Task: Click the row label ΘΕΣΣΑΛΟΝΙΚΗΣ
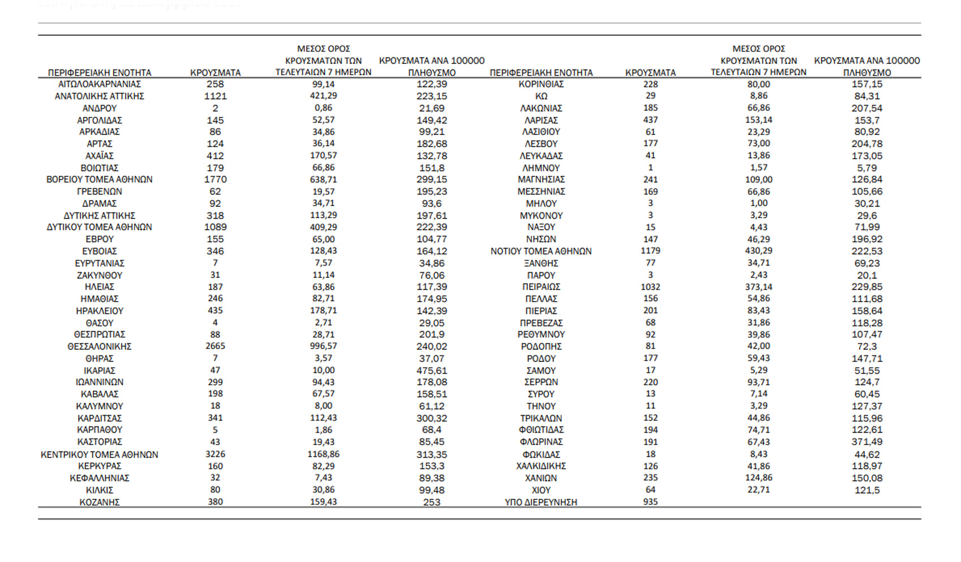coord(99,347)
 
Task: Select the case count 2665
coord(215,346)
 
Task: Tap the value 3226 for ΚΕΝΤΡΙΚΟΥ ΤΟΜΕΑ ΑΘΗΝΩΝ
coord(215,454)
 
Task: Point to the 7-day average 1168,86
coord(323,454)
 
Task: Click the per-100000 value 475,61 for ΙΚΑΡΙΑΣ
coord(432,371)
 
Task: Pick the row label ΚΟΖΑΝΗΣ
coord(99,502)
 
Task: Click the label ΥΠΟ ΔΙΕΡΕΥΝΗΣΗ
coord(541,502)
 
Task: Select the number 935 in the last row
coord(651,502)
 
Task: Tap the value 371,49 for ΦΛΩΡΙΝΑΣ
coord(867,442)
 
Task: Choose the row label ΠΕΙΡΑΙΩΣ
coord(541,287)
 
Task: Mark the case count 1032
coord(651,287)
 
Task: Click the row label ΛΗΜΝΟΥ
coord(541,168)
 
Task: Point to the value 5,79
coord(867,168)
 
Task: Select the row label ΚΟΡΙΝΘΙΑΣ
coord(541,84)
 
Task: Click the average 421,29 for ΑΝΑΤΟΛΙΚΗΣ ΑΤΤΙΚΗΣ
coord(323,96)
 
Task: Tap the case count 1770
coord(215,180)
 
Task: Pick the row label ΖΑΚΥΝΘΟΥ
coord(99,275)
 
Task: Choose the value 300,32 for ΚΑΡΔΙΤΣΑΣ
coord(432,418)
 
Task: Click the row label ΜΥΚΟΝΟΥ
coord(541,215)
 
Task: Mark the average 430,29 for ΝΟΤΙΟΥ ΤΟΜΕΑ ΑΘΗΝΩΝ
coord(759,251)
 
